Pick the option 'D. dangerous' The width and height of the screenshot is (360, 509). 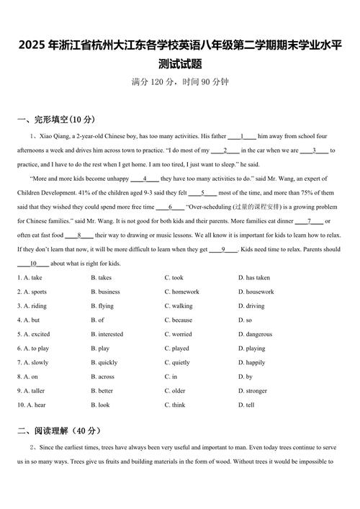(256, 334)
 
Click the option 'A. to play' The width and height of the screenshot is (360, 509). (34, 348)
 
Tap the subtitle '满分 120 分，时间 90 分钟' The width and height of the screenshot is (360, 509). (180, 82)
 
